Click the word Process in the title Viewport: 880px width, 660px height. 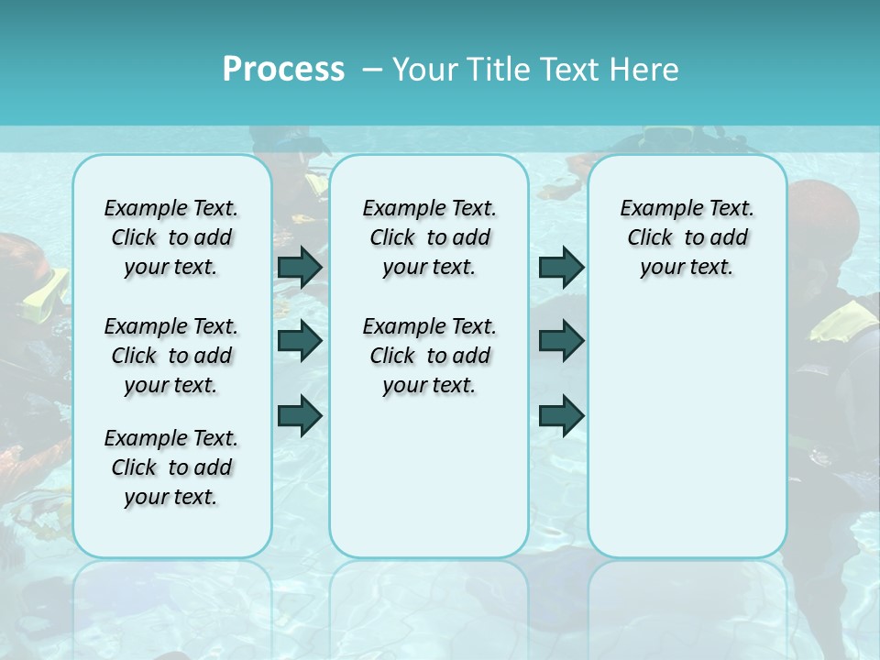pyautogui.click(x=283, y=70)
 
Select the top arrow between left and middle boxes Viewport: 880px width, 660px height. pyautogui.click(x=300, y=267)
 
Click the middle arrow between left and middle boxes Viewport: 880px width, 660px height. pyautogui.click(x=300, y=341)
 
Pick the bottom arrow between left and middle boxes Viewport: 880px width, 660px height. pyautogui.click(x=300, y=415)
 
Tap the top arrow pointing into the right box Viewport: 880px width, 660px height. pyautogui.click(x=561, y=267)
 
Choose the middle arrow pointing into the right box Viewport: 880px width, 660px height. pyautogui.click(x=561, y=341)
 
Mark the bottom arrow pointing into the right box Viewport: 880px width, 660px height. pyautogui.click(x=561, y=415)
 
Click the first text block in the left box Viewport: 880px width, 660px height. pyautogui.click(x=171, y=237)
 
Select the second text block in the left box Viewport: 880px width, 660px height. pyautogui.click(x=171, y=356)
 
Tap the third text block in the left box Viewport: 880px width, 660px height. pyautogui.click(x=171, y=467)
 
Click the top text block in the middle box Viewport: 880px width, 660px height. pyautogui.click(x=429, y=237)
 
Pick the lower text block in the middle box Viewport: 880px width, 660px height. pyautogui.click(x=429, y=356)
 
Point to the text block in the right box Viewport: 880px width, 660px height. pyautogui.click(x=687, y=237)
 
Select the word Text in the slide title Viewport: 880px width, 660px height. pyautogui.click(x=567, y=70)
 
